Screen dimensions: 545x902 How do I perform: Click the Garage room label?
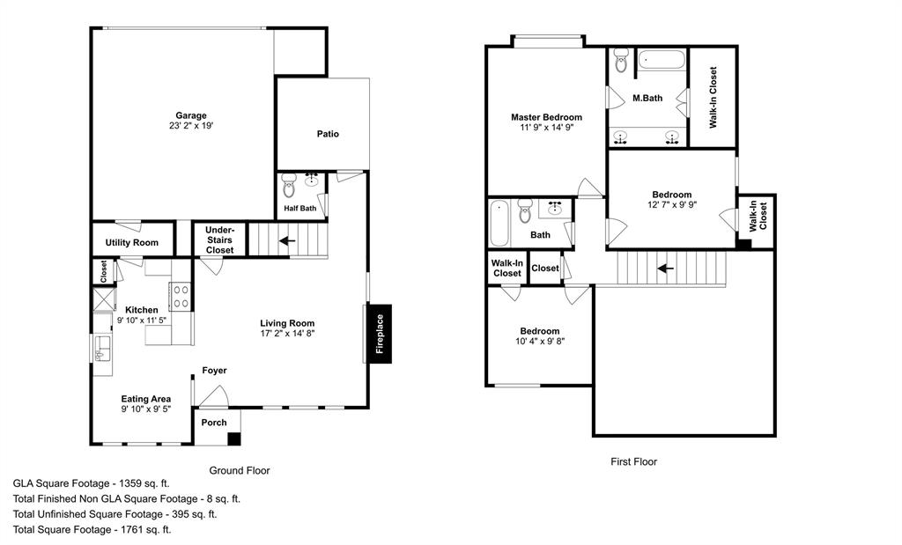point(190,115)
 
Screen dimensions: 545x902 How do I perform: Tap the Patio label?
point(328,134)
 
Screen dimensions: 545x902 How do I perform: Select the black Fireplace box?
point(380,334)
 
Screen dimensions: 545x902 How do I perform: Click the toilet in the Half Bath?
point(289,188)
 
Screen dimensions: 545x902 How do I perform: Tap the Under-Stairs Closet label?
point(219,239)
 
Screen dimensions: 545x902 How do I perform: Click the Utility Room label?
point(131,243)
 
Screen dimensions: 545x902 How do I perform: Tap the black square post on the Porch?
point(233,438)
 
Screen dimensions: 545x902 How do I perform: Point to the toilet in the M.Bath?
point(621,62)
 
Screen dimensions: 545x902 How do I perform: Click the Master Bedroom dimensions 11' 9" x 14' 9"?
point(546,128)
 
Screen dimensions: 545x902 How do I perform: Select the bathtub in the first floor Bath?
point(499,224)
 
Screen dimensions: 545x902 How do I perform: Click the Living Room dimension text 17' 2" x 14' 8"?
point(286,334)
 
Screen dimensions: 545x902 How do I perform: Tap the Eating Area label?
point(146,399)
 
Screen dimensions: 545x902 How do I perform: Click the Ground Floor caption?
point(239,470)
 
